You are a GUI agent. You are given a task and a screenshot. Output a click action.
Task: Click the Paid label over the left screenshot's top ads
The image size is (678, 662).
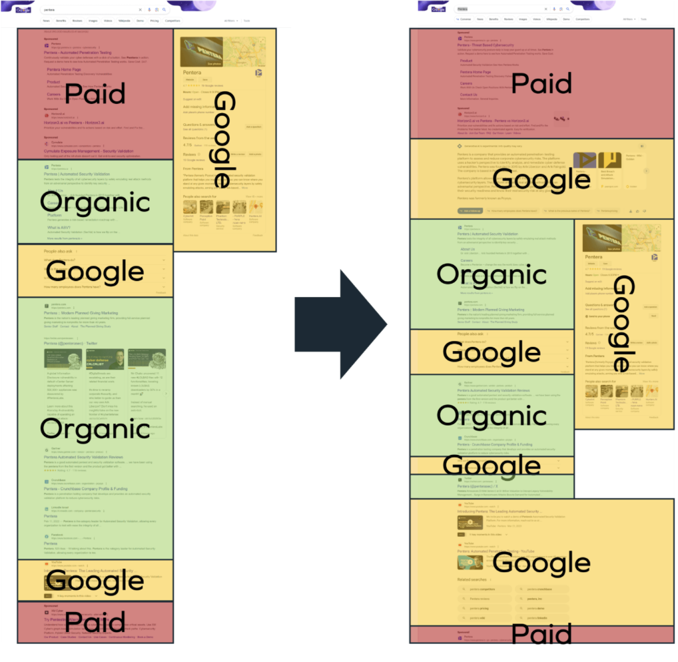click(x=95, y=94)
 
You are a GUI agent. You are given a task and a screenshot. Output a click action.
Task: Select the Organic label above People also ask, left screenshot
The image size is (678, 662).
click(x=95, y=201)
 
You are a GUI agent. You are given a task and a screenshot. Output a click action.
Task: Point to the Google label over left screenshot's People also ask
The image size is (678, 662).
click(x=95, y=272)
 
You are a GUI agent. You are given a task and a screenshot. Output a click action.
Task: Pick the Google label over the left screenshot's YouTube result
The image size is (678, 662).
click(x=95, y=581)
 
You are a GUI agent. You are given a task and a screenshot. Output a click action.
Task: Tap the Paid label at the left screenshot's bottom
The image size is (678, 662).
click(x=95, y=622)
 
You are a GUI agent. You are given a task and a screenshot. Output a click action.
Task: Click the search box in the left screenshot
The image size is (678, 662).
click(x=90, y=10)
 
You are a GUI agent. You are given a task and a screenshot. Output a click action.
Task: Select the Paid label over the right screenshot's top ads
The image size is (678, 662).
click(x=541, y=83)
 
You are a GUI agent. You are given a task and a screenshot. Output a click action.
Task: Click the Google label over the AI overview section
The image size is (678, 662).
click(x=541, y=179)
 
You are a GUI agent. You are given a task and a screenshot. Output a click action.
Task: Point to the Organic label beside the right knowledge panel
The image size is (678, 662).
click(x=491, y=274)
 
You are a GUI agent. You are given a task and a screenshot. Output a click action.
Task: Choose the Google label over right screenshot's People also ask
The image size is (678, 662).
click(x=491, y=352)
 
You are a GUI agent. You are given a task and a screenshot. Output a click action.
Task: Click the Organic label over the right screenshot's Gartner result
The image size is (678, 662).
click(x=491, y=416)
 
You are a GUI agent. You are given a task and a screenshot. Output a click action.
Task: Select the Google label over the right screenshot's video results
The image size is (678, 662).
click(x=541, y=563)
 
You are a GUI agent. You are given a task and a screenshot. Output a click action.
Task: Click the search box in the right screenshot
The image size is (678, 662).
click(x=500, y=9)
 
